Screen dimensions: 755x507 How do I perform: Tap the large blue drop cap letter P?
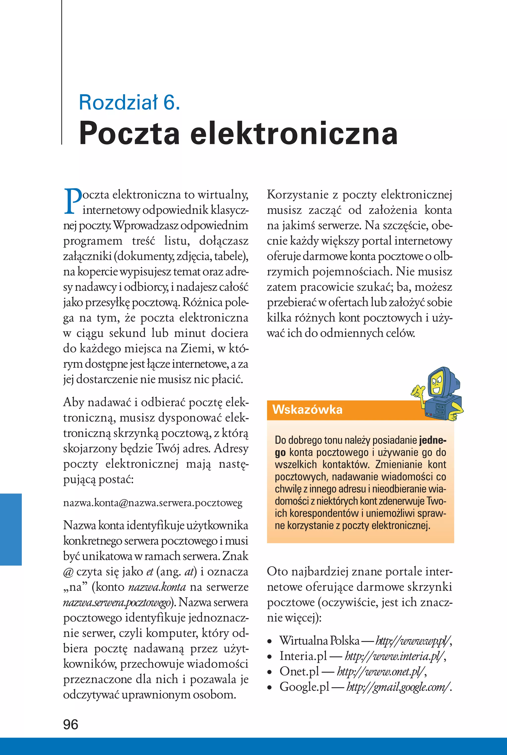point(73,201)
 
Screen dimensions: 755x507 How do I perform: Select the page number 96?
point(71,724)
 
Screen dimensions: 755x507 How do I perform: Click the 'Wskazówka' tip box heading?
point(307,409)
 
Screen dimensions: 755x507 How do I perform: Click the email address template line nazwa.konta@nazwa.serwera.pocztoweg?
point(152,503)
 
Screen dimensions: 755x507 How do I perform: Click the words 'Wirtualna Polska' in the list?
point(319,640)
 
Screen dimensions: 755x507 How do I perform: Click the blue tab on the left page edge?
point(11,529)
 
